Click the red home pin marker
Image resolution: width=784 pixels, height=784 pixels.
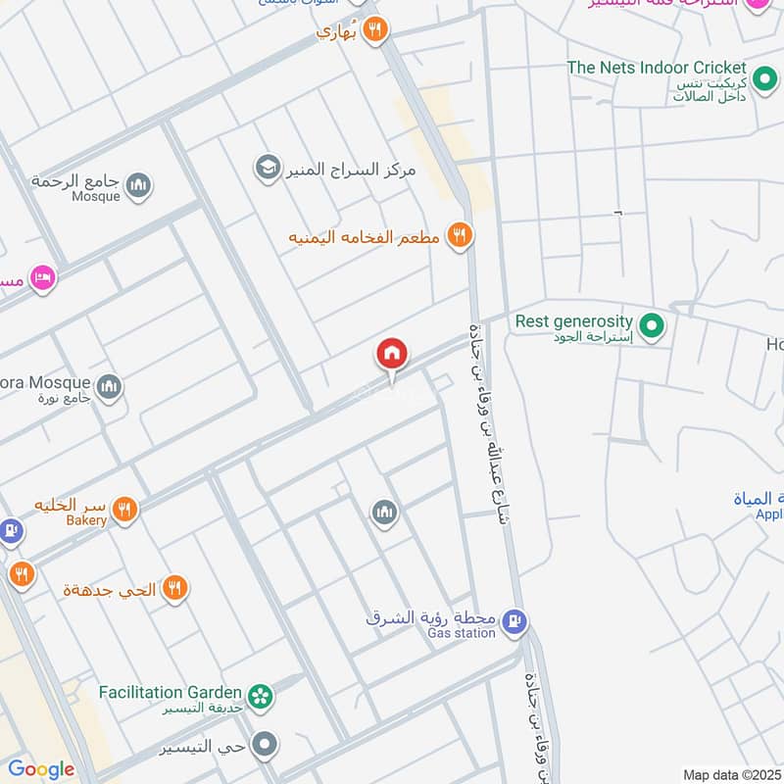[x=392, y=354]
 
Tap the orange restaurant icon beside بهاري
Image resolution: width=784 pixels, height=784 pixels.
[x=373, y=31]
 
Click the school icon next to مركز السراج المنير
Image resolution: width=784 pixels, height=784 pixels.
[x=266, y=169]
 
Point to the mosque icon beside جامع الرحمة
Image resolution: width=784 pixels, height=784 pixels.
[x=139, y=184]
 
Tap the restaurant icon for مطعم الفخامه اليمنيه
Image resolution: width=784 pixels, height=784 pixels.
[x=458, y=235]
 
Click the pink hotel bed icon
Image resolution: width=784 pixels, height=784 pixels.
[x=42, y=279]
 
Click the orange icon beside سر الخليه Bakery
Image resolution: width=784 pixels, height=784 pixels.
[x=123, y=509]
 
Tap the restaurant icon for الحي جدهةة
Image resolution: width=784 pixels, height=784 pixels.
[x=173, y=588]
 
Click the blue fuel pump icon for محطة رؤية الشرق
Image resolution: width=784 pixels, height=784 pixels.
[x=514, y=620]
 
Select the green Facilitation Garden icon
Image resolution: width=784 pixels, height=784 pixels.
[x=260, y=696]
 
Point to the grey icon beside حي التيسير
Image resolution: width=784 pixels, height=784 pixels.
[x=264, y=746]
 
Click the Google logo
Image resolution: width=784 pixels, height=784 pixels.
[x=41, y=769]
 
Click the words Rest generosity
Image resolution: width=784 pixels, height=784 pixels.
[x=573, y=320]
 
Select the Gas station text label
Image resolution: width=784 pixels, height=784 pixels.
[x=462, y=633]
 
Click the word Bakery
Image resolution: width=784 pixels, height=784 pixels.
[x=86, y=520]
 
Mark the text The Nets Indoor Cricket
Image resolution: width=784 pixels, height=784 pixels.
[x=657, y=68]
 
